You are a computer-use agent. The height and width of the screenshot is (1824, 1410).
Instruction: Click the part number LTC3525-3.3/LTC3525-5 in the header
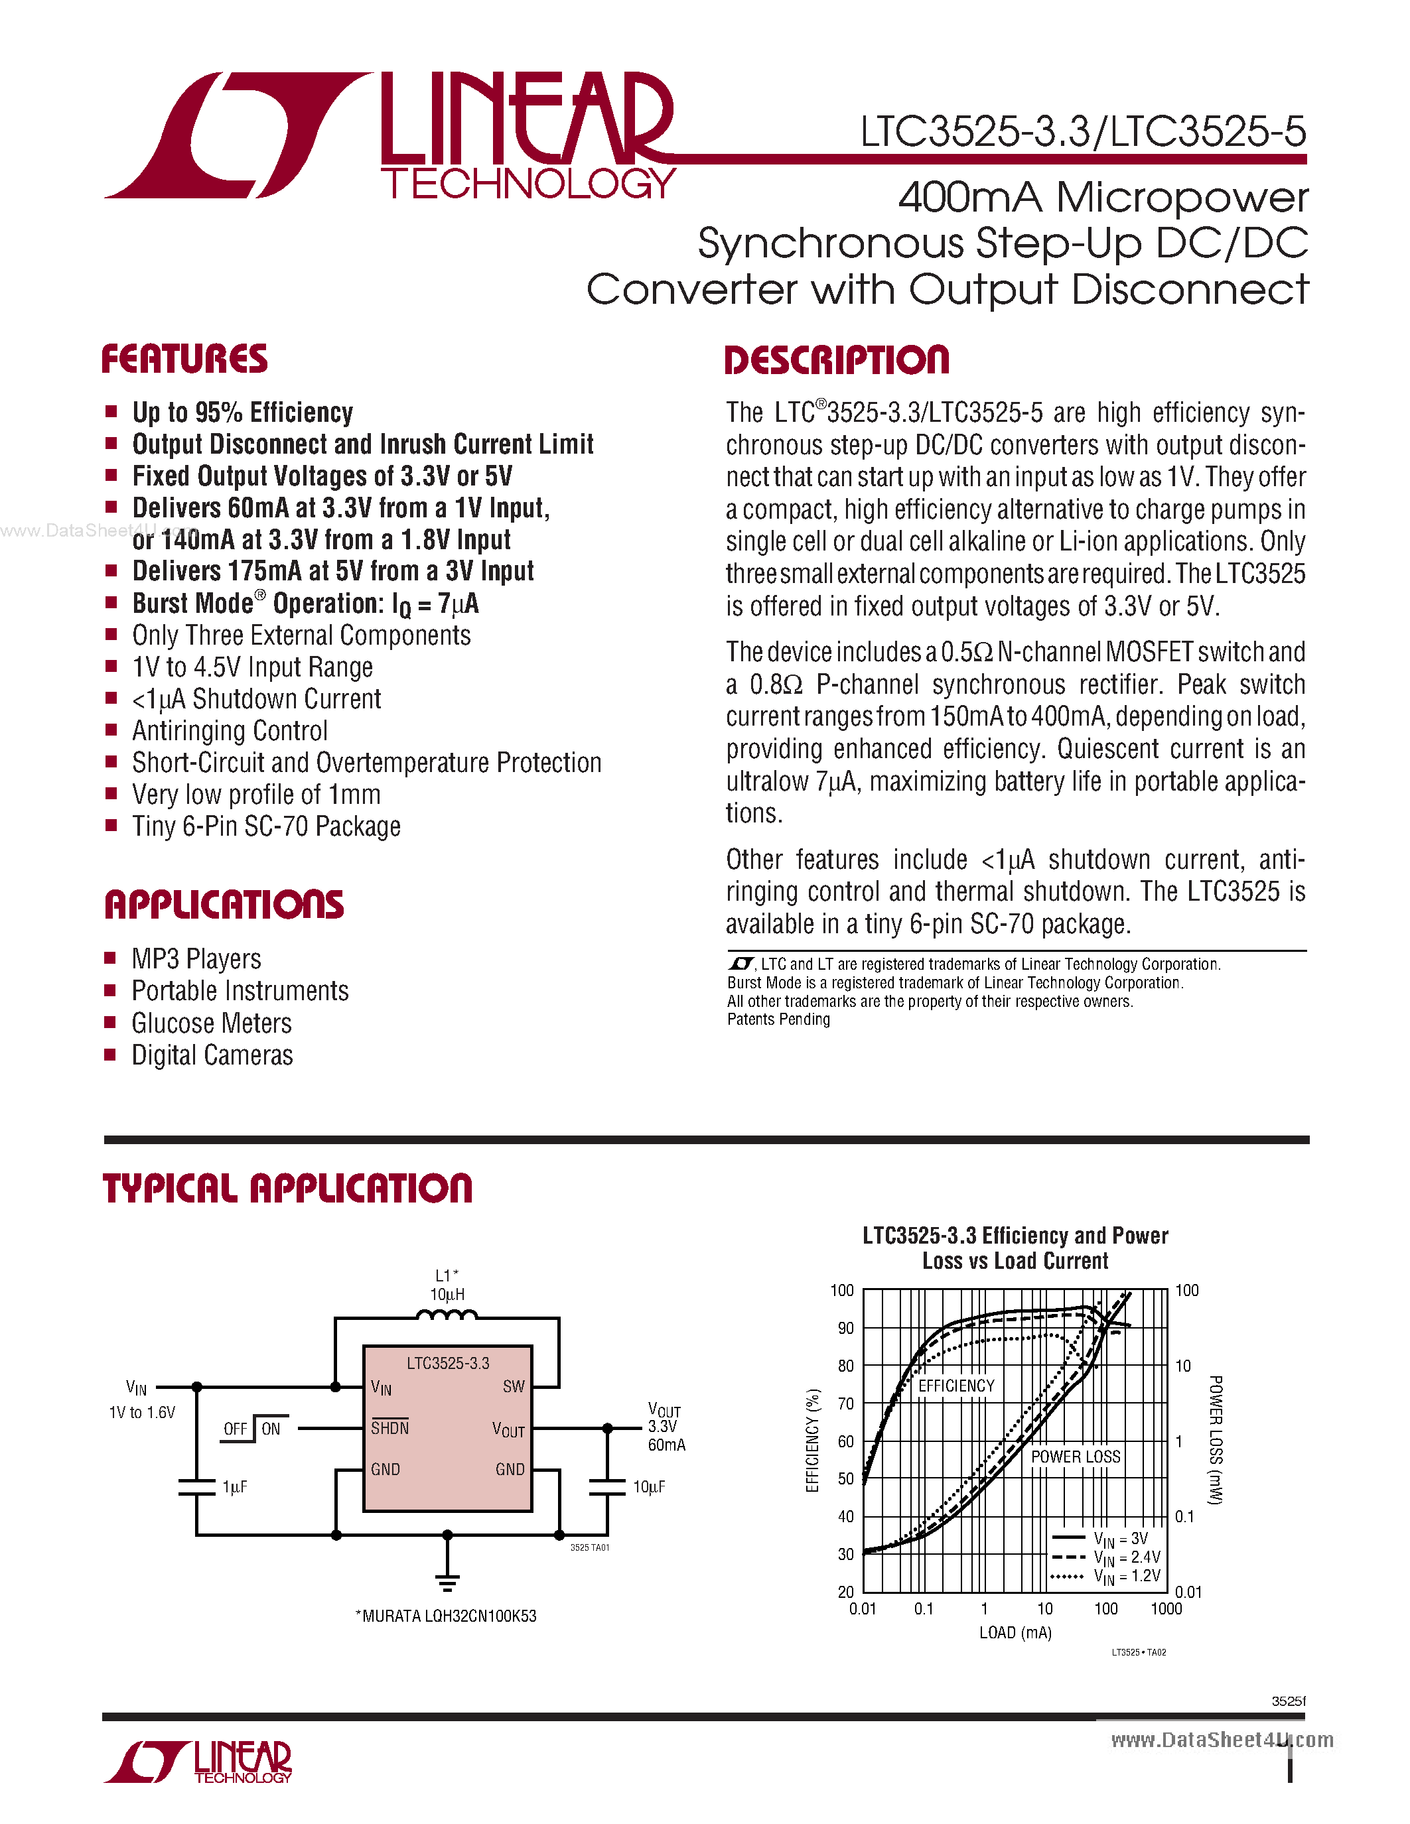click(x=1083, y=132)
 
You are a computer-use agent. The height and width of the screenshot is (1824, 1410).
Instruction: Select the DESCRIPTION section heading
click(x=836, y=360)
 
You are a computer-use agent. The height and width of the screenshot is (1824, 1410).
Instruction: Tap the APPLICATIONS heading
click(x=223, y=905)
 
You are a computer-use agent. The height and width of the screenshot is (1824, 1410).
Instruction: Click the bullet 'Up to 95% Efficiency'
click(x=242, y=413)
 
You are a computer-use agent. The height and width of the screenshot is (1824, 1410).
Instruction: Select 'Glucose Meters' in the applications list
click(x=211, y=1023)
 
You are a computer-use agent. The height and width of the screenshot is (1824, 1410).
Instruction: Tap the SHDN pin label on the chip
click(x=390, y=1428)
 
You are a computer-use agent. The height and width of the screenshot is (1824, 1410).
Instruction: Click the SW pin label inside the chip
click(x=513, y=1386)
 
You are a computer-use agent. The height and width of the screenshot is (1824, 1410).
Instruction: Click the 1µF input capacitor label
click(x=235, y=1486)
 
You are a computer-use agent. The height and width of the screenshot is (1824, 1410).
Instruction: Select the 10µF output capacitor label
click(x=648, y=1486)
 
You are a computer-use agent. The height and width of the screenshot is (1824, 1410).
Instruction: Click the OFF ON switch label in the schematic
click(x=252, y=1429)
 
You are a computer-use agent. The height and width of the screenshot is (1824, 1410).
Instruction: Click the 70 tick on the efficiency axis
click(x=845, y=1403)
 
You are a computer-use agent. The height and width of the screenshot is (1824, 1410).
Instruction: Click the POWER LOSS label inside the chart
click(x=1075, y=1457)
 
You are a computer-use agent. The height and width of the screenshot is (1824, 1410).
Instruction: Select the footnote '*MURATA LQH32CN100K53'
click(x=446, y=1616)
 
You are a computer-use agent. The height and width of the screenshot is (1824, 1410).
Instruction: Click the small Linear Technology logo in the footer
click(x=198, y=1762)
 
